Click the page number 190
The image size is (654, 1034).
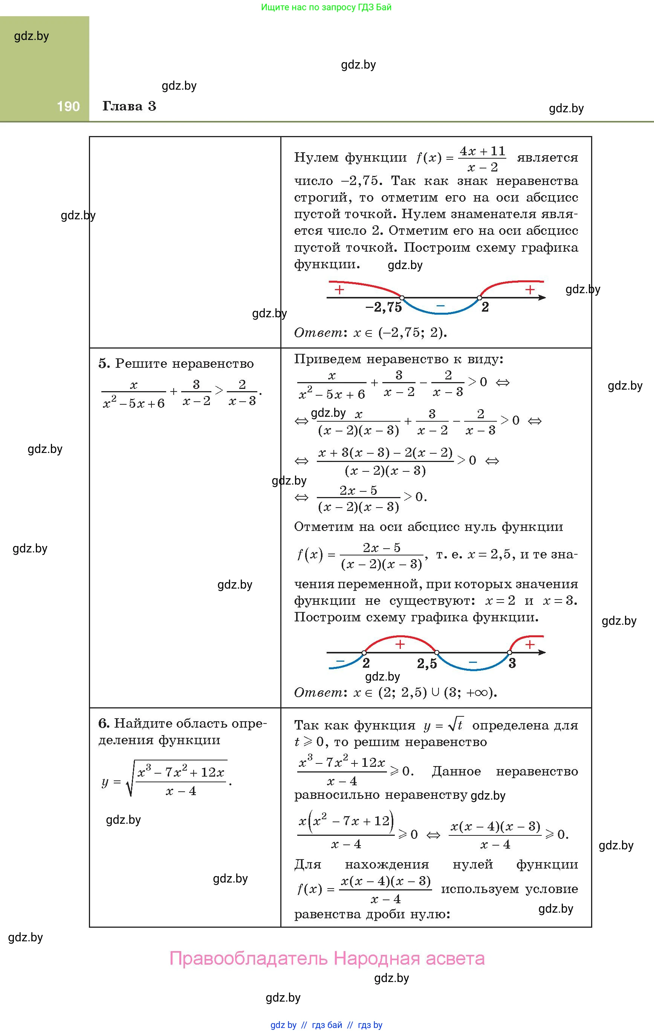(x=68, y=107)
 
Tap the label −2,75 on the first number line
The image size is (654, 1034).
(x=383, y=307)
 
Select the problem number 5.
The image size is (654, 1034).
(x=104, y=364)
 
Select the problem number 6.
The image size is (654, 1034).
(x=104, y=723)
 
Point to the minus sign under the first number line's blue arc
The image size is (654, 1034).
(x=440, y=306)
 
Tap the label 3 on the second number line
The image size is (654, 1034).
(x=512, y=664)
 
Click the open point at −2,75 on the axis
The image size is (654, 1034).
(x=402, y=297)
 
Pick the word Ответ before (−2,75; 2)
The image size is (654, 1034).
(x=318, y=333)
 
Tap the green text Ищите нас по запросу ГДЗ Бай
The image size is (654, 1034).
(x=326, y=7)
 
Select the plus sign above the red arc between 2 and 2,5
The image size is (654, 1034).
(x=400, y=644)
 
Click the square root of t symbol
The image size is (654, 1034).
(x=455, y=725)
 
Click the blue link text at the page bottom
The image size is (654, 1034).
(x=326, y=1025)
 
